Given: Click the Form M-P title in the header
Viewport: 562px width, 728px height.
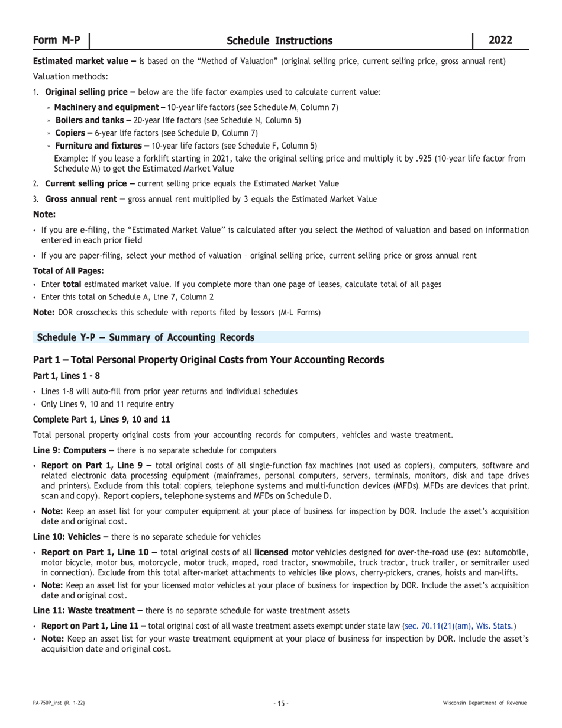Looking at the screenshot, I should (x=57, y=40).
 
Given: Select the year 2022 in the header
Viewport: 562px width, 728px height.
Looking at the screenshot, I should (x=500, y=40).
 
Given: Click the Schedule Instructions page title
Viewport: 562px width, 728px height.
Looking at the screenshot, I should (x=279, y=41).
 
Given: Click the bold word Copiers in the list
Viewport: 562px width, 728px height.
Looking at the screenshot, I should (x=70, y=133).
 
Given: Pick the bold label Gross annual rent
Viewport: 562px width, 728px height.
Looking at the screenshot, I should (x=81, y=199).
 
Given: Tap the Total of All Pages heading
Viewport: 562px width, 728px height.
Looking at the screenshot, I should (x=69, y=271).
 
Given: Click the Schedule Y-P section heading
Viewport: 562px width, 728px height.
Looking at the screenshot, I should (x=146, y=337).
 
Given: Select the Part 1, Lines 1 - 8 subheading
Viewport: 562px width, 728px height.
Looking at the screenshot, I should (x=66, y=376).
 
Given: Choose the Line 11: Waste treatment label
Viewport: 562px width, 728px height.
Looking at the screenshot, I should (x=85, y=610).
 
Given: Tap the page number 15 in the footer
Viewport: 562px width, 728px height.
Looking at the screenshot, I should (x=281, y=703).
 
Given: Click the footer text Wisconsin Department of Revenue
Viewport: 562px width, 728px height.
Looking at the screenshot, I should (x=485, y=703).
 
